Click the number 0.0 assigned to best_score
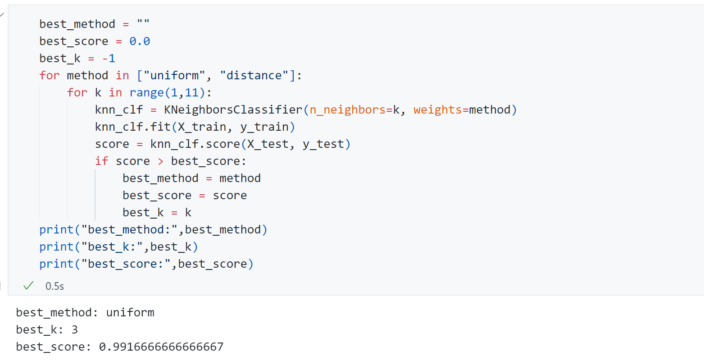click(140, 41)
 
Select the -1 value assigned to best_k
click(109, 58)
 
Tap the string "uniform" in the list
click(175, 75)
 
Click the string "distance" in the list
click(254, 75)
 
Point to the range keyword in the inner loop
click(146, 93)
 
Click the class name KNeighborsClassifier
click(233, 110)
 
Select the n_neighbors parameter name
click(348, 110)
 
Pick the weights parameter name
click(437, 110)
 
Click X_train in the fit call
click(202, 127)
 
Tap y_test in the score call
click(323, 144)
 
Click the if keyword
click(101, 161)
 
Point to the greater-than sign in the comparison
click(161, 161)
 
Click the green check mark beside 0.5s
click(28, 286)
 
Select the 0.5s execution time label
click(55, 286)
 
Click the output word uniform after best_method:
click(130, 313)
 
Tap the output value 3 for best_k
click(74, 329)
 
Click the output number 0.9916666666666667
click(161, 347)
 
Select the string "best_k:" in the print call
click(112, 247)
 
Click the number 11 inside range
click(191, 93)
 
